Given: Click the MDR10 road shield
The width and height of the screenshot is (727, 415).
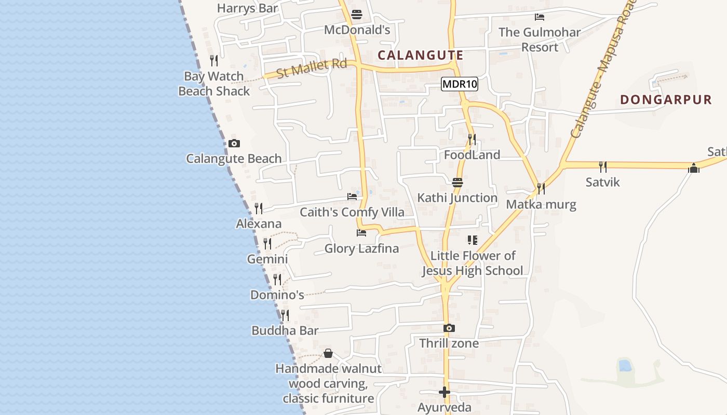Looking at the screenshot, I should pyautogui.click(x=460, y=84).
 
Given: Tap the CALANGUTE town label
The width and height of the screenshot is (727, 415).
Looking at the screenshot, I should pyautogui.click(x=421, y=55).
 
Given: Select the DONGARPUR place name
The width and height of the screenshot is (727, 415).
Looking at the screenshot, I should pyautogui.click(x=666, y=100).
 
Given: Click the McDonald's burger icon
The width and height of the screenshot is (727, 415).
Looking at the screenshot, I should pyautogui.click(x=357, y=15).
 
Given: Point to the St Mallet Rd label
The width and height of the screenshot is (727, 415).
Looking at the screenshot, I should pyautogui.click(x=311, y=68).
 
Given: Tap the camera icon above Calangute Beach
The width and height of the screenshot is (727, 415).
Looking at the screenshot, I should pyautogui.click(x=234, y=143).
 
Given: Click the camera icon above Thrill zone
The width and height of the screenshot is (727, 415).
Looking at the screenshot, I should pyautogui.click(x=449, y=328).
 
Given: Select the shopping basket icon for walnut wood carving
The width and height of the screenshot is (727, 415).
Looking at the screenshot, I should pyautogui.click(x=328, y=353).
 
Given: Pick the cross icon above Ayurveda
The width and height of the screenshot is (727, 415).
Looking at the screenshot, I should pyautogui.click(x=444, y=392).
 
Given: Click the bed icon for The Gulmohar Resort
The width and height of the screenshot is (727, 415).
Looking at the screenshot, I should pyautogui.click(x=540, y=17).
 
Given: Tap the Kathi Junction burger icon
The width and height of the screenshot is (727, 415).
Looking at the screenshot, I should pyautogui.click(x=457, y=182).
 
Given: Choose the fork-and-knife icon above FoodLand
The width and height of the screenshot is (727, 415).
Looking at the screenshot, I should pyautogui.click(x=472, y=139).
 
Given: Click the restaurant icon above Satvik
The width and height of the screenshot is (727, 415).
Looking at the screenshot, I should pyautogui.click(x=602, y=167).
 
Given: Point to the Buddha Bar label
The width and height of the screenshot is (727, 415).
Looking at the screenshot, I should pyautogui.click(x=285, y=330).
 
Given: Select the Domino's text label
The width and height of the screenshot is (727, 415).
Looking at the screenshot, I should pyautogui.click(x=277, y=295).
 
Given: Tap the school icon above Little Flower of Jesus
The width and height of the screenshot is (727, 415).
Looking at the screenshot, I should pyautogui.click(x=472, y=240).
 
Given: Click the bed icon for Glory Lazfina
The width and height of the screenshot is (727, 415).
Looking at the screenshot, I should pyautogui.click(x=361, y=233).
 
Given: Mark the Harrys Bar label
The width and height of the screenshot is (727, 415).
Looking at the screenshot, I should pyautogui.click(x=248, y=8).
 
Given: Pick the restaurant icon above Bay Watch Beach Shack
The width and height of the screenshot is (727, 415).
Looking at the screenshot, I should pyautogui.click(x=214, y=61).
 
